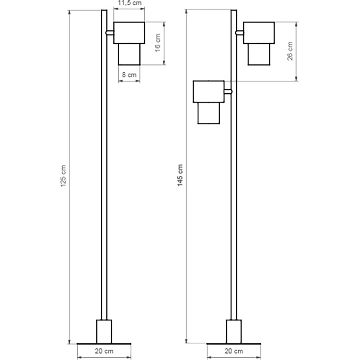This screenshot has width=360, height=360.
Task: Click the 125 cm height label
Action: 63,176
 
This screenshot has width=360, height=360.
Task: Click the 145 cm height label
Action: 180,175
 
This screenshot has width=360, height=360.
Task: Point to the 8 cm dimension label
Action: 129,75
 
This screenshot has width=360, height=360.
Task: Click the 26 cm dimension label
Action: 290,51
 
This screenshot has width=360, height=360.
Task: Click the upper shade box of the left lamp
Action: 129,33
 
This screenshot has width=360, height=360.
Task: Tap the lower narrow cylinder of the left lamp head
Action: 129,54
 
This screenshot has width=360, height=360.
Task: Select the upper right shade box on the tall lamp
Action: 259,33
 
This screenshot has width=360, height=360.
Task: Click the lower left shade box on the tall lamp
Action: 208,91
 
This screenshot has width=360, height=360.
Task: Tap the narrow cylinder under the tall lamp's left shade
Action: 208,113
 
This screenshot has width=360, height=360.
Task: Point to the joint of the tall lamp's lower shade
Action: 228,91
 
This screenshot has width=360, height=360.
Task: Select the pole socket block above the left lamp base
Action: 104,331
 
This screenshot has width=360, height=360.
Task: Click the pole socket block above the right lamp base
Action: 234,331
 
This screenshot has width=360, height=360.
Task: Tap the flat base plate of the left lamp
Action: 104,343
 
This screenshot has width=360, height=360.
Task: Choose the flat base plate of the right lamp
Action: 234,343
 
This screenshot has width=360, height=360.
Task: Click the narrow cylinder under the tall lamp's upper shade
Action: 259,54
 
